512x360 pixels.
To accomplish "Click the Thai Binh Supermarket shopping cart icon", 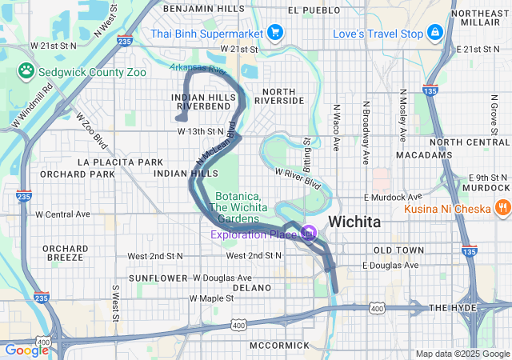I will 275,33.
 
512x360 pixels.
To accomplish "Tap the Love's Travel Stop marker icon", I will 434,33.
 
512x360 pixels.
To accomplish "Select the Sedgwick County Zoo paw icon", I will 26,70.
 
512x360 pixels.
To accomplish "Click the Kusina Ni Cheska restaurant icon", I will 502,207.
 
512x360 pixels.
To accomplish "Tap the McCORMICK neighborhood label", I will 278,345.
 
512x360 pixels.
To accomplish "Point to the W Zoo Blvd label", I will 91,130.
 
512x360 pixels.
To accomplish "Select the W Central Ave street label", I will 63,214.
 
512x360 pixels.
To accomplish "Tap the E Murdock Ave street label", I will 392,197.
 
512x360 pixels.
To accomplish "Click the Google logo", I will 26,350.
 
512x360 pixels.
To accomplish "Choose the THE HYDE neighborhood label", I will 452,308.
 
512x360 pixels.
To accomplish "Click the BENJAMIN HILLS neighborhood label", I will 203,8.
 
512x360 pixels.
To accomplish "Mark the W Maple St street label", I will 211,298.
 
